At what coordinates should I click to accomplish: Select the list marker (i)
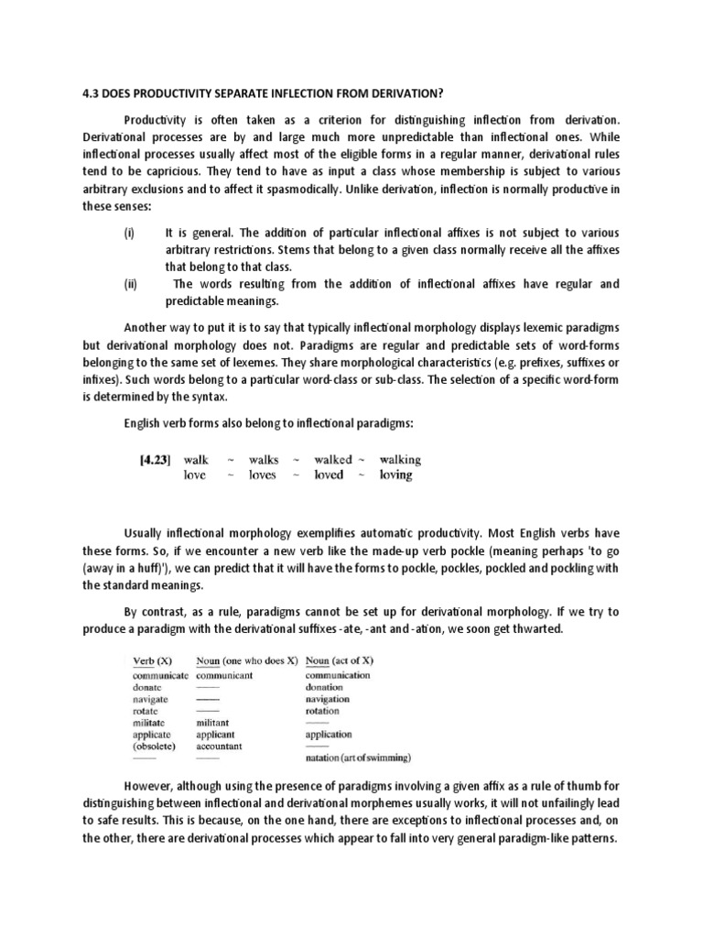tap(128, 234)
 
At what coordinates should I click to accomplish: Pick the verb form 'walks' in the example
tap(264, 460)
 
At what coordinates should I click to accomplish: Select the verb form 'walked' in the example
tap(332, 460)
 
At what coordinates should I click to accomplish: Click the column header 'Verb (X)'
tap(153, 660)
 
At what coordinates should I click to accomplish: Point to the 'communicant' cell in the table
tap(226, 674)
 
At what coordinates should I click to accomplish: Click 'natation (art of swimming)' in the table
tap(358, 758)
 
